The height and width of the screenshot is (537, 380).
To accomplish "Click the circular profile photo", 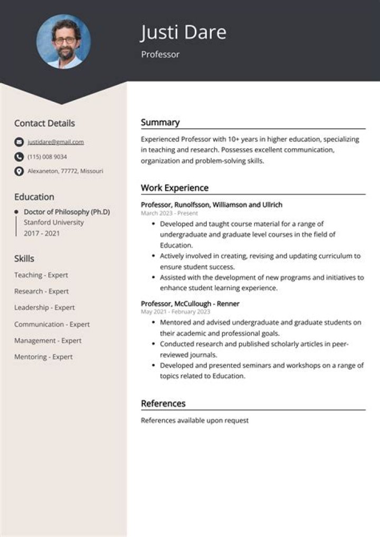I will tap(63, 42).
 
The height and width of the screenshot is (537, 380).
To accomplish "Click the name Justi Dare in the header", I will tap(183, 33).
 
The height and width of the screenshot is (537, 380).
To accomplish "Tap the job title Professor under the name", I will tap(160, 54).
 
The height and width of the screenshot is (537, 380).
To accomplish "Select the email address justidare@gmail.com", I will tap(55, 142).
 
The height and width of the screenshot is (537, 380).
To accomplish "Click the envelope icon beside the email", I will tap(19, 142).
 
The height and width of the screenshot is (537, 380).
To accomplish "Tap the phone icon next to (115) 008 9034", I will tap(19, 157).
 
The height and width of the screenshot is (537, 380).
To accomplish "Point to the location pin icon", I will tap(19, 171).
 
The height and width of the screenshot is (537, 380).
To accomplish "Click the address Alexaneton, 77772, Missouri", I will tap(65, 171).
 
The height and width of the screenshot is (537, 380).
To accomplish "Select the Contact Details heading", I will tap(44, 123).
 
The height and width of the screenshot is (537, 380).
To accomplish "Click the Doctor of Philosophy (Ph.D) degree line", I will tap(66, 212).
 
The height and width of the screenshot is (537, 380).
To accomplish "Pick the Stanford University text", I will tap(54, 222).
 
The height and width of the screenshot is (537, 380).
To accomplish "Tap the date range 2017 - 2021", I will tap(42, 233).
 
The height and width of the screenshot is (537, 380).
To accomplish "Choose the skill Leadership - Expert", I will tap(44, 308).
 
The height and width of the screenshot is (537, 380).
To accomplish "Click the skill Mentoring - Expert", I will tap(43, 357).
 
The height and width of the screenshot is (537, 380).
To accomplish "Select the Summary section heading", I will tap(160, 122).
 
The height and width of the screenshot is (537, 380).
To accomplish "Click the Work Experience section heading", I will tap(174, 188).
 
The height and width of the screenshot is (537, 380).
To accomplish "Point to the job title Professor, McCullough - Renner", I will tap(190, 304).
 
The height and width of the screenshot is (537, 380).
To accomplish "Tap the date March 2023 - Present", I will tap(169, 213).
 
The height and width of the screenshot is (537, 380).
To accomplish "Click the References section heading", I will tap(163, 404).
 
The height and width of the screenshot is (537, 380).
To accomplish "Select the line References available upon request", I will tap(194, 420).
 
